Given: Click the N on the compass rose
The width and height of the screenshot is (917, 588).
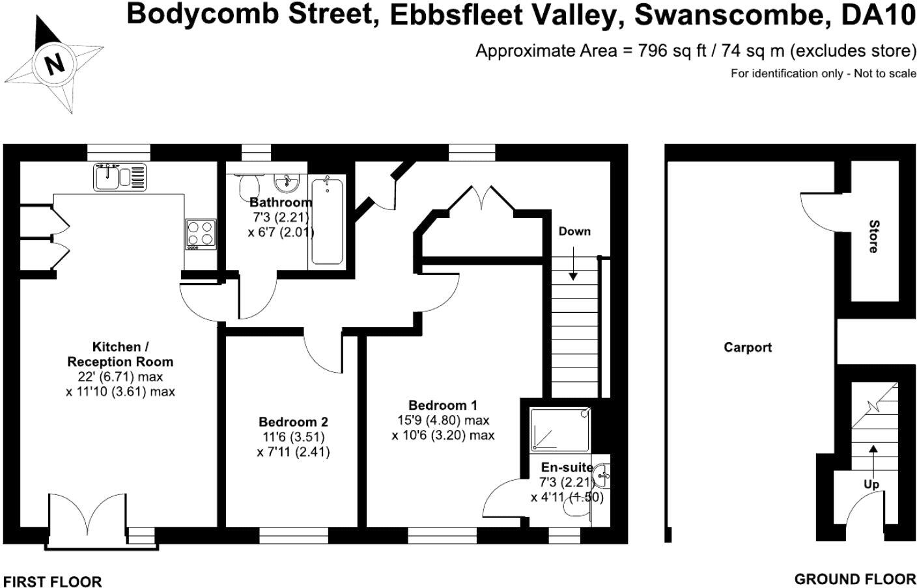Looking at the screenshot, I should tap(55, 64).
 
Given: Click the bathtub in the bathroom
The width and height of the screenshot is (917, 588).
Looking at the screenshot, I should tap(327, 221).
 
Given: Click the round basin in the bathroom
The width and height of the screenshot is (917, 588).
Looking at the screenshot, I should tap(285, 183).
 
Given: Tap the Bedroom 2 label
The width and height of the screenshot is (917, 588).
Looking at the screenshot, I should tap(293, 421).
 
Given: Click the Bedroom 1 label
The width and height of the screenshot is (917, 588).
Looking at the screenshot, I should tap(442, 405).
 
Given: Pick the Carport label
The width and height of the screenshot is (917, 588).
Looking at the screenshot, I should tap(748, 347).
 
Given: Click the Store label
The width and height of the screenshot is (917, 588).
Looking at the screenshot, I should tap(873, 237).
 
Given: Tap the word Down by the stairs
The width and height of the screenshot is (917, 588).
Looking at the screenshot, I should tap(574, 232).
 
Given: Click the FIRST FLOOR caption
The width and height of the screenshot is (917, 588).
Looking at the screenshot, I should tap(52, 581).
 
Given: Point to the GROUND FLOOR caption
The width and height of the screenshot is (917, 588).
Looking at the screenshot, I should tap(854, 579).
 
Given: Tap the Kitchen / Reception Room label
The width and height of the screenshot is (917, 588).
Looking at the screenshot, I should tap(120, 354).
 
